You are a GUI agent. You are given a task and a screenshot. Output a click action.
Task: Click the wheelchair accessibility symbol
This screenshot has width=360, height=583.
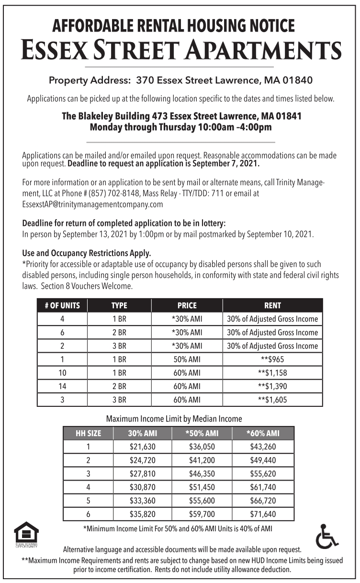coord(327,536)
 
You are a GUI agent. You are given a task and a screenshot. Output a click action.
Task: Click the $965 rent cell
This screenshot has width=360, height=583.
coord(272,359)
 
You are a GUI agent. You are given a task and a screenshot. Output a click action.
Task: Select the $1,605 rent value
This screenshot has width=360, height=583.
coord(272,400)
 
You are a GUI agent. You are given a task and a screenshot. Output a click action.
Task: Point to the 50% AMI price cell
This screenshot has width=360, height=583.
coord(187,359)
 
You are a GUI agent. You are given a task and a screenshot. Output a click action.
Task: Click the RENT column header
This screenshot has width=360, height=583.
coord(272,305)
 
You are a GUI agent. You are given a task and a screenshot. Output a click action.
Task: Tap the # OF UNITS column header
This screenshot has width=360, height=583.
coord(62,305)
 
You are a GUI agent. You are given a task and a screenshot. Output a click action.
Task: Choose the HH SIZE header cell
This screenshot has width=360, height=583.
coord(89,434)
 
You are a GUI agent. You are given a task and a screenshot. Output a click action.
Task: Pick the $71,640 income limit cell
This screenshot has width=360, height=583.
coord(263,515)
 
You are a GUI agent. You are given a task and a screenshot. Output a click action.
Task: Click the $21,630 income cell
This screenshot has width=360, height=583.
coord(143,447)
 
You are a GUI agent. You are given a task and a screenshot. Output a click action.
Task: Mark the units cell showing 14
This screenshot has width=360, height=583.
coord(62,386)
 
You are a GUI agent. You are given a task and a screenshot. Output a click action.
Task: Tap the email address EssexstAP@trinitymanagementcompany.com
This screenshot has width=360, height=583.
coord(92,204)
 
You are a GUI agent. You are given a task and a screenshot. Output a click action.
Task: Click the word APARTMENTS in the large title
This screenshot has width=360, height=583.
coord(264,50)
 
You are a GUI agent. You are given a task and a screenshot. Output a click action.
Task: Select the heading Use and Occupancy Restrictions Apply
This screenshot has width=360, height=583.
coord(87,253)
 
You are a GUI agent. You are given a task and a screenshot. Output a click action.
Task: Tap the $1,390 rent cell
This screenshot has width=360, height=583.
coord(272,386)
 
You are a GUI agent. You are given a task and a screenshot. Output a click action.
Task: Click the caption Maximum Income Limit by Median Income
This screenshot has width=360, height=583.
coord(174,418)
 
